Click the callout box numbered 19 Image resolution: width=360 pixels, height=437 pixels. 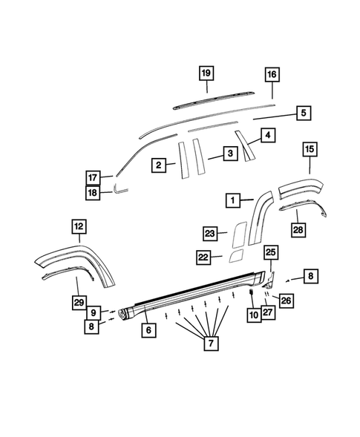pyautogui.click(x=206, y=73)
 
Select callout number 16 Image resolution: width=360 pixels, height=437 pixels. pyautogui.click(x=272, y=75)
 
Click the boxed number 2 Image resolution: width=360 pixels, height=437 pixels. pyautogui.click(x=160, y=165)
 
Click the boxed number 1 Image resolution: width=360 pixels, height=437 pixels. pyautogui.click(x=233, y=200)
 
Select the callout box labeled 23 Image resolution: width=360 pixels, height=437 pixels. pyautogui.click(x=210, y=234)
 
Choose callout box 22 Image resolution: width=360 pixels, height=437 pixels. pyautogui.click(x=204, y=257)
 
